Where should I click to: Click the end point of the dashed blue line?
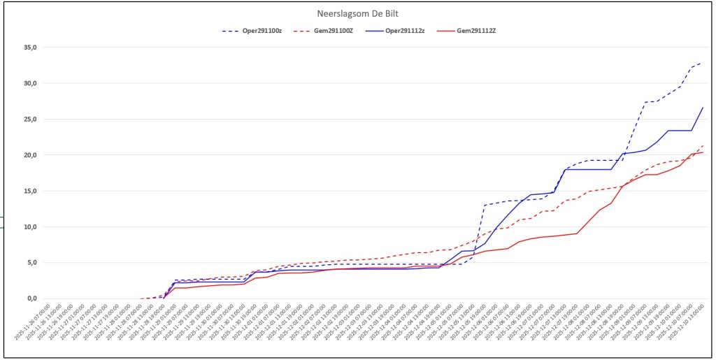[x=702, y=62]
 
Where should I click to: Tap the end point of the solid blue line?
[x=703, y=108]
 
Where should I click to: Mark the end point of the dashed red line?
[x=703, y=145]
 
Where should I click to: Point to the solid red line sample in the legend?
[x=444, y=31]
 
